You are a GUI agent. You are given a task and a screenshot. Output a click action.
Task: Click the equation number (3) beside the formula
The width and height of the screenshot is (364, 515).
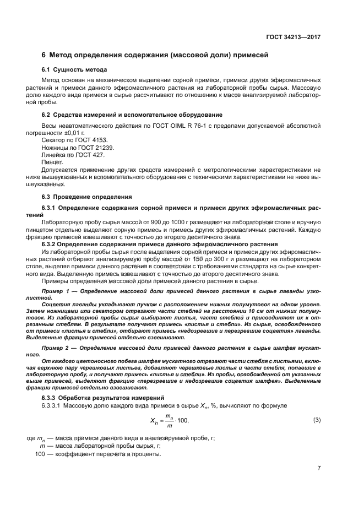coord(316,420)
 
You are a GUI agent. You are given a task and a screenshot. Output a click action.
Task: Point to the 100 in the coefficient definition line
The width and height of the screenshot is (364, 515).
coord(40,454)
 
